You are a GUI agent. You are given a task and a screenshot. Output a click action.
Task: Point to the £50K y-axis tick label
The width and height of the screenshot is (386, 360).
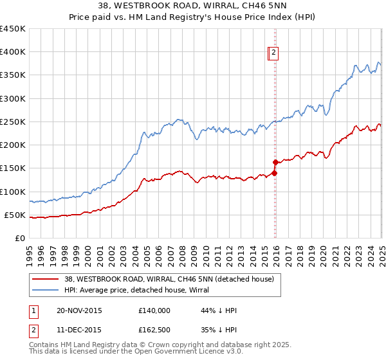14,215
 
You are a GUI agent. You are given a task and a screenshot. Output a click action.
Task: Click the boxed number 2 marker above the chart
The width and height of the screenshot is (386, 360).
273,53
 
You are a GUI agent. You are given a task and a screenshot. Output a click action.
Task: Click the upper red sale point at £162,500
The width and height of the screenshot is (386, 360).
275,163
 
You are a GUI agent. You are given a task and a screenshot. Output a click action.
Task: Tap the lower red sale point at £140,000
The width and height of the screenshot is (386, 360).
275,173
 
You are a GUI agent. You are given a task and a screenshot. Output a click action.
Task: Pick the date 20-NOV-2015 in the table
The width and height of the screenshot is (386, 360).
80,310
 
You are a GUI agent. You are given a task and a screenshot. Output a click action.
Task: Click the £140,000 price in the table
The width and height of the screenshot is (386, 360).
154,310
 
